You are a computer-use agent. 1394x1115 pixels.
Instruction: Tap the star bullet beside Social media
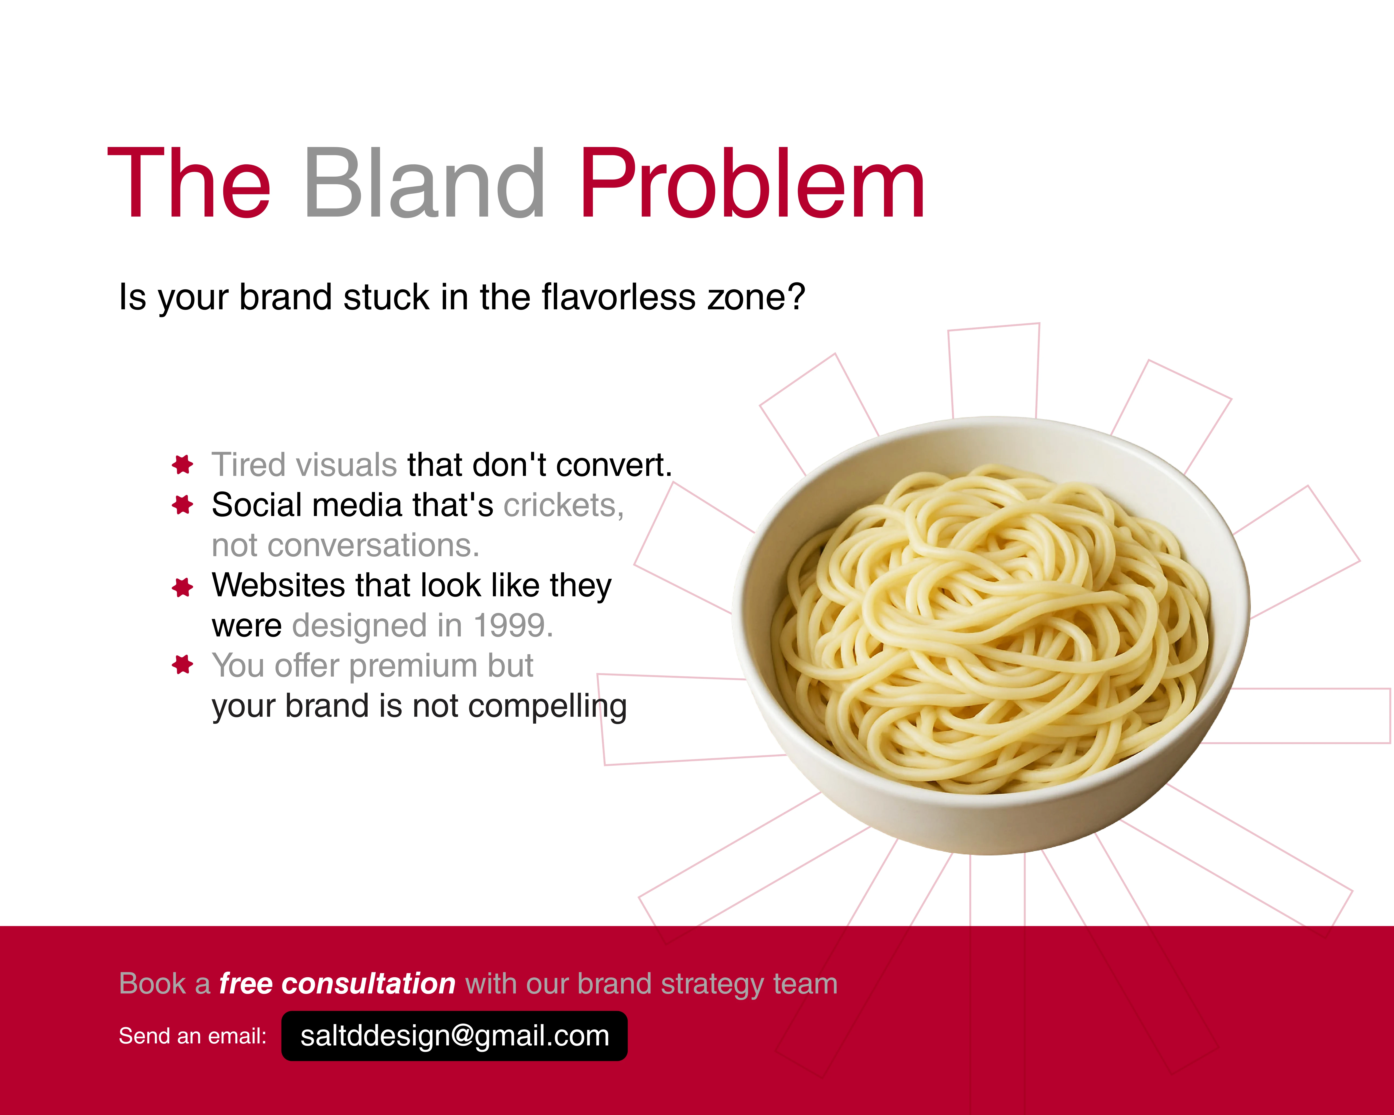click(183, 505)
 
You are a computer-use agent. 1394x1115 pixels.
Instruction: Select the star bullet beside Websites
click(183, 587)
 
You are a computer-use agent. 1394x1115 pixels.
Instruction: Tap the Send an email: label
click(193, 1036)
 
